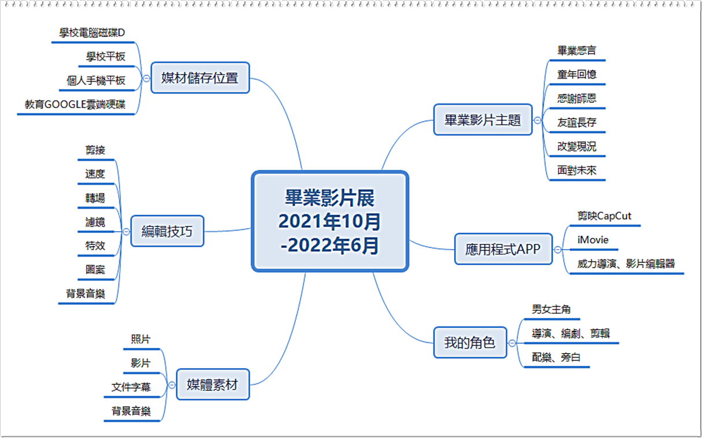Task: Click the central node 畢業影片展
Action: click(330, 221)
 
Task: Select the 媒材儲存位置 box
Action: click(200, 78)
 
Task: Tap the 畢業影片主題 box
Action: click(483, 120)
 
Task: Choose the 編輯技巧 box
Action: click(168, 231)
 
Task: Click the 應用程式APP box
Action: click(503, 249)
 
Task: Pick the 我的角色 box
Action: click(470, 343)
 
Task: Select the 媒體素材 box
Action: click(213, 384)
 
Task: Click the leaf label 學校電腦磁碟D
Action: click(92, 32)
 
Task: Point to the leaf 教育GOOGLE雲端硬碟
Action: click(75, 105)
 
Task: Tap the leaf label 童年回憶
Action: click(577, 75)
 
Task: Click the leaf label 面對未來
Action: click(577, 170)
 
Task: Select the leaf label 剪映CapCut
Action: click(604, 216)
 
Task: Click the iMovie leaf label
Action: click(593, 240)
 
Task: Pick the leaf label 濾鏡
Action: click(95, 222)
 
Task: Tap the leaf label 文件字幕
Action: click(131, 387)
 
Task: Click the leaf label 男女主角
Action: click(551, 310)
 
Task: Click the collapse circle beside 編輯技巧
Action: click(127, 232)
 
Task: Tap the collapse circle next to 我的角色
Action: click(512, 343)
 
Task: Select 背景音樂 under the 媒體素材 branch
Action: click(131, 411)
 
